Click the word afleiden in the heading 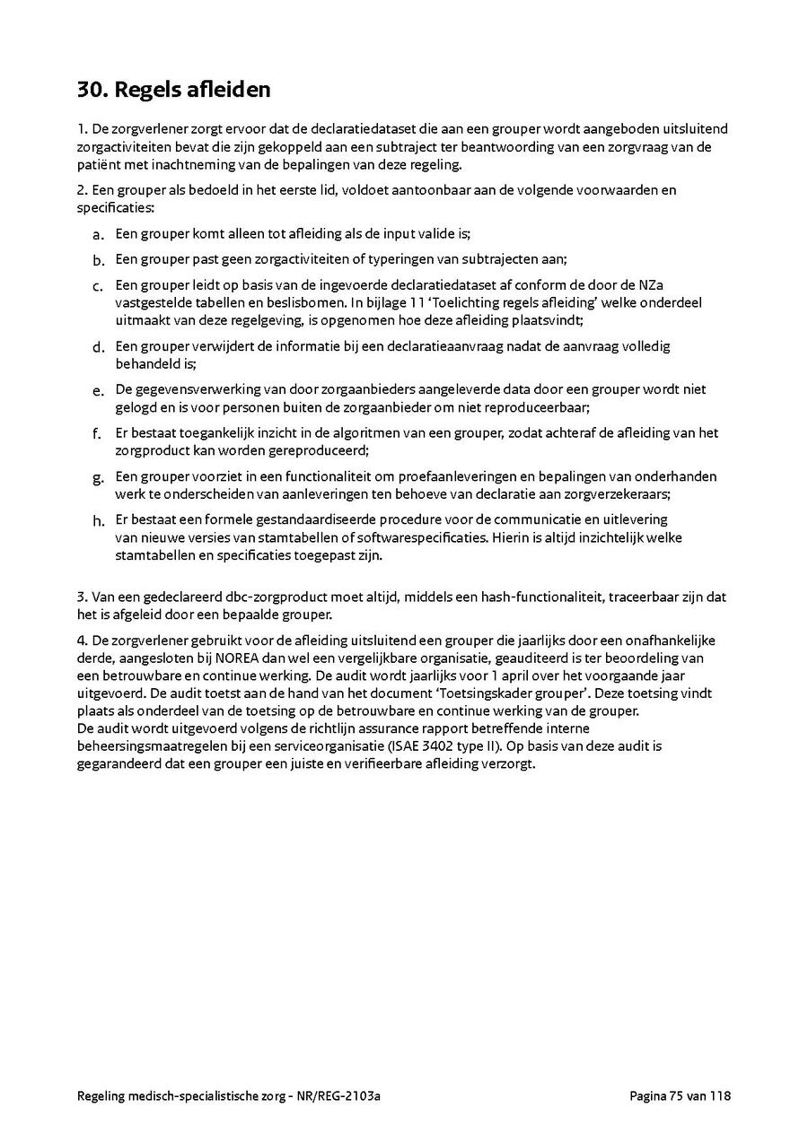225,91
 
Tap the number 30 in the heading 91,91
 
